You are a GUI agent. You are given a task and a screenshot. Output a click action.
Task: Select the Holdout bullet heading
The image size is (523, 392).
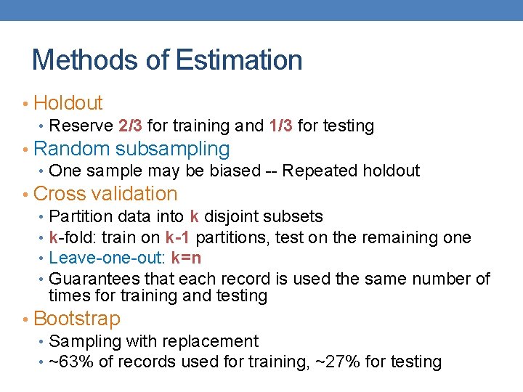coord(68,103)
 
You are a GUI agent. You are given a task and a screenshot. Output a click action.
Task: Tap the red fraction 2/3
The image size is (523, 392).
coord(130,126)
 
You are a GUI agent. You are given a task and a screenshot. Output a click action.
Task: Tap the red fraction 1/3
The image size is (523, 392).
coord(281,126)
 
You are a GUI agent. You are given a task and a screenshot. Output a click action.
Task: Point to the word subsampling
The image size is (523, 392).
coord(172,150)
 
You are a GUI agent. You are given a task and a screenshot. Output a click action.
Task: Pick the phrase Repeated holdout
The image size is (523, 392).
coord(351,171)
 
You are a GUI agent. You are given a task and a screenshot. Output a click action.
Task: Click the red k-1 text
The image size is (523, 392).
coord(179,237)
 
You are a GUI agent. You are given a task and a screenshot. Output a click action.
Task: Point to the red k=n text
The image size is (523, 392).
coord(187,258)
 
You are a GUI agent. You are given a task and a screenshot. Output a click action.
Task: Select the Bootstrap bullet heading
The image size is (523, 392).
coord(77,319)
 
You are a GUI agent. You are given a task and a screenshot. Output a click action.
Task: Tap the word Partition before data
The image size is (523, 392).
coord(81,216)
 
